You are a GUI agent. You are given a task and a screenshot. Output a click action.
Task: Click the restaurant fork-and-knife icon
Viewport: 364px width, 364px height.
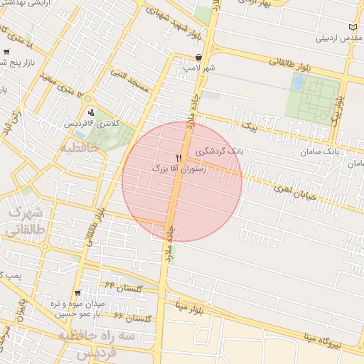click(x=178, y=159)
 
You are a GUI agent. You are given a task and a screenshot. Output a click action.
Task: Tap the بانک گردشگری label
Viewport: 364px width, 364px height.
click(x=203, y=152)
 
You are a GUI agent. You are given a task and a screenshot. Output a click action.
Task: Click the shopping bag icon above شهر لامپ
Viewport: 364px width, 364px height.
click(x=198, y=58)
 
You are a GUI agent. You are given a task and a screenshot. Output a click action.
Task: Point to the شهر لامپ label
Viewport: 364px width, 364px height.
click(x=198, y=68)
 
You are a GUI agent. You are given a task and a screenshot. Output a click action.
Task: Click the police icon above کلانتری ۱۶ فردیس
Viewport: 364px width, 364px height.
click(x=91, y=112)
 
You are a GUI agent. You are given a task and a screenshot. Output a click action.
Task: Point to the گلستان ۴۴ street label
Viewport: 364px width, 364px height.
click(x=125, y=287)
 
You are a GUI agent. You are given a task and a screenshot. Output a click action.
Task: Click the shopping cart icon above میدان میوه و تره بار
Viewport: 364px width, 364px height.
click(x=77, y=293)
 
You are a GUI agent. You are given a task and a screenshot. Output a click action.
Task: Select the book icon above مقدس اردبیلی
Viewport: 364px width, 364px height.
click(x=352, y=26)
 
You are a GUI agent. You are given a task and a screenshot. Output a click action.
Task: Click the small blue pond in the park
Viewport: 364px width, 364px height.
click(x=299, y=82)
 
